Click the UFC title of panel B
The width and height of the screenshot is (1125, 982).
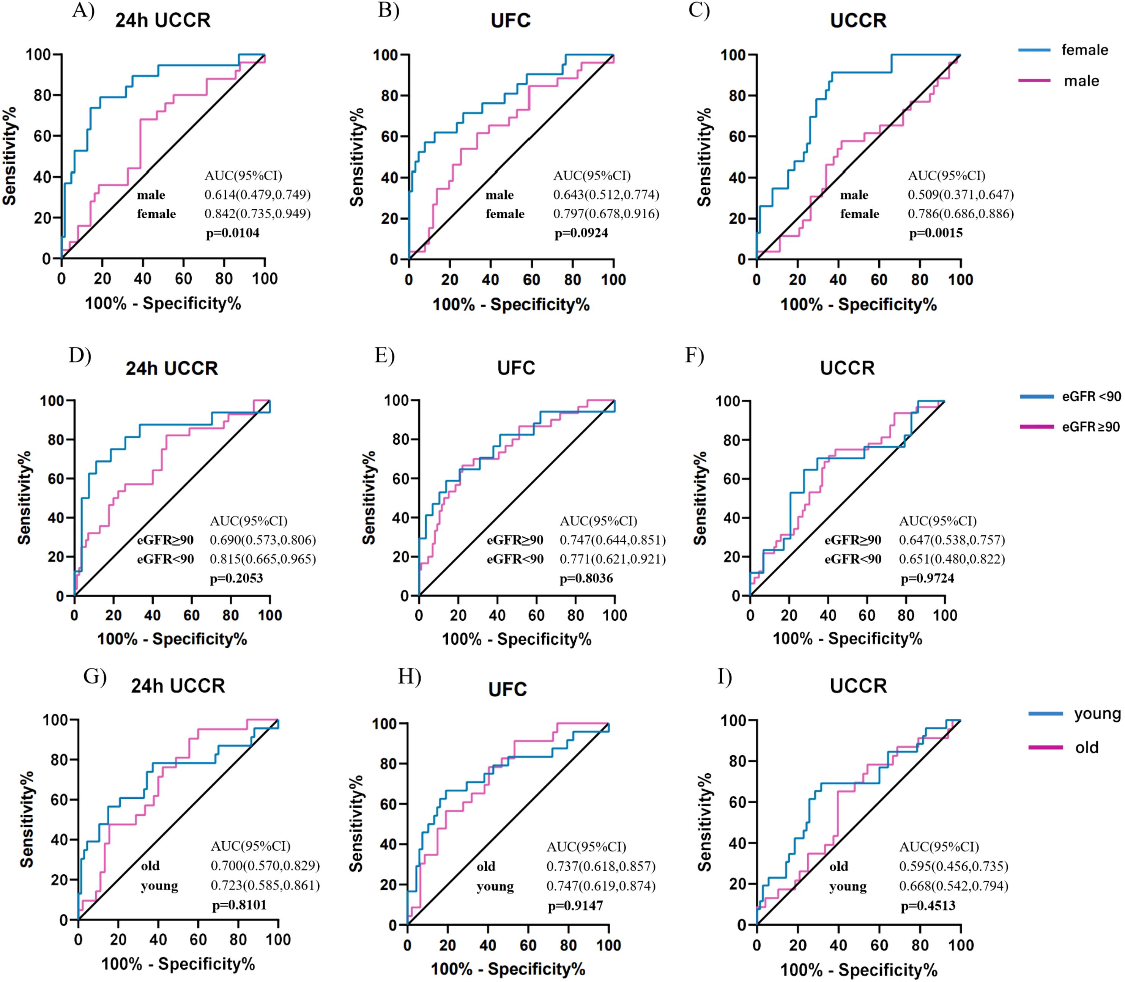511,21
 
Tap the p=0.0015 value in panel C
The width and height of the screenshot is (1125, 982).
936,233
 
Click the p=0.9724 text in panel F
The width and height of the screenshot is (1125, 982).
927,578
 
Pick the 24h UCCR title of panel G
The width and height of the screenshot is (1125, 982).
178,686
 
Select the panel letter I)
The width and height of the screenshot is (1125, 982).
724,677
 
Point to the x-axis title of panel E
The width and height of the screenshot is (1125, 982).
517,639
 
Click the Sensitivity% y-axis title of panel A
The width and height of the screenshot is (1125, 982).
9,156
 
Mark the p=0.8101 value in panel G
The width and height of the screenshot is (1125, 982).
239,905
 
